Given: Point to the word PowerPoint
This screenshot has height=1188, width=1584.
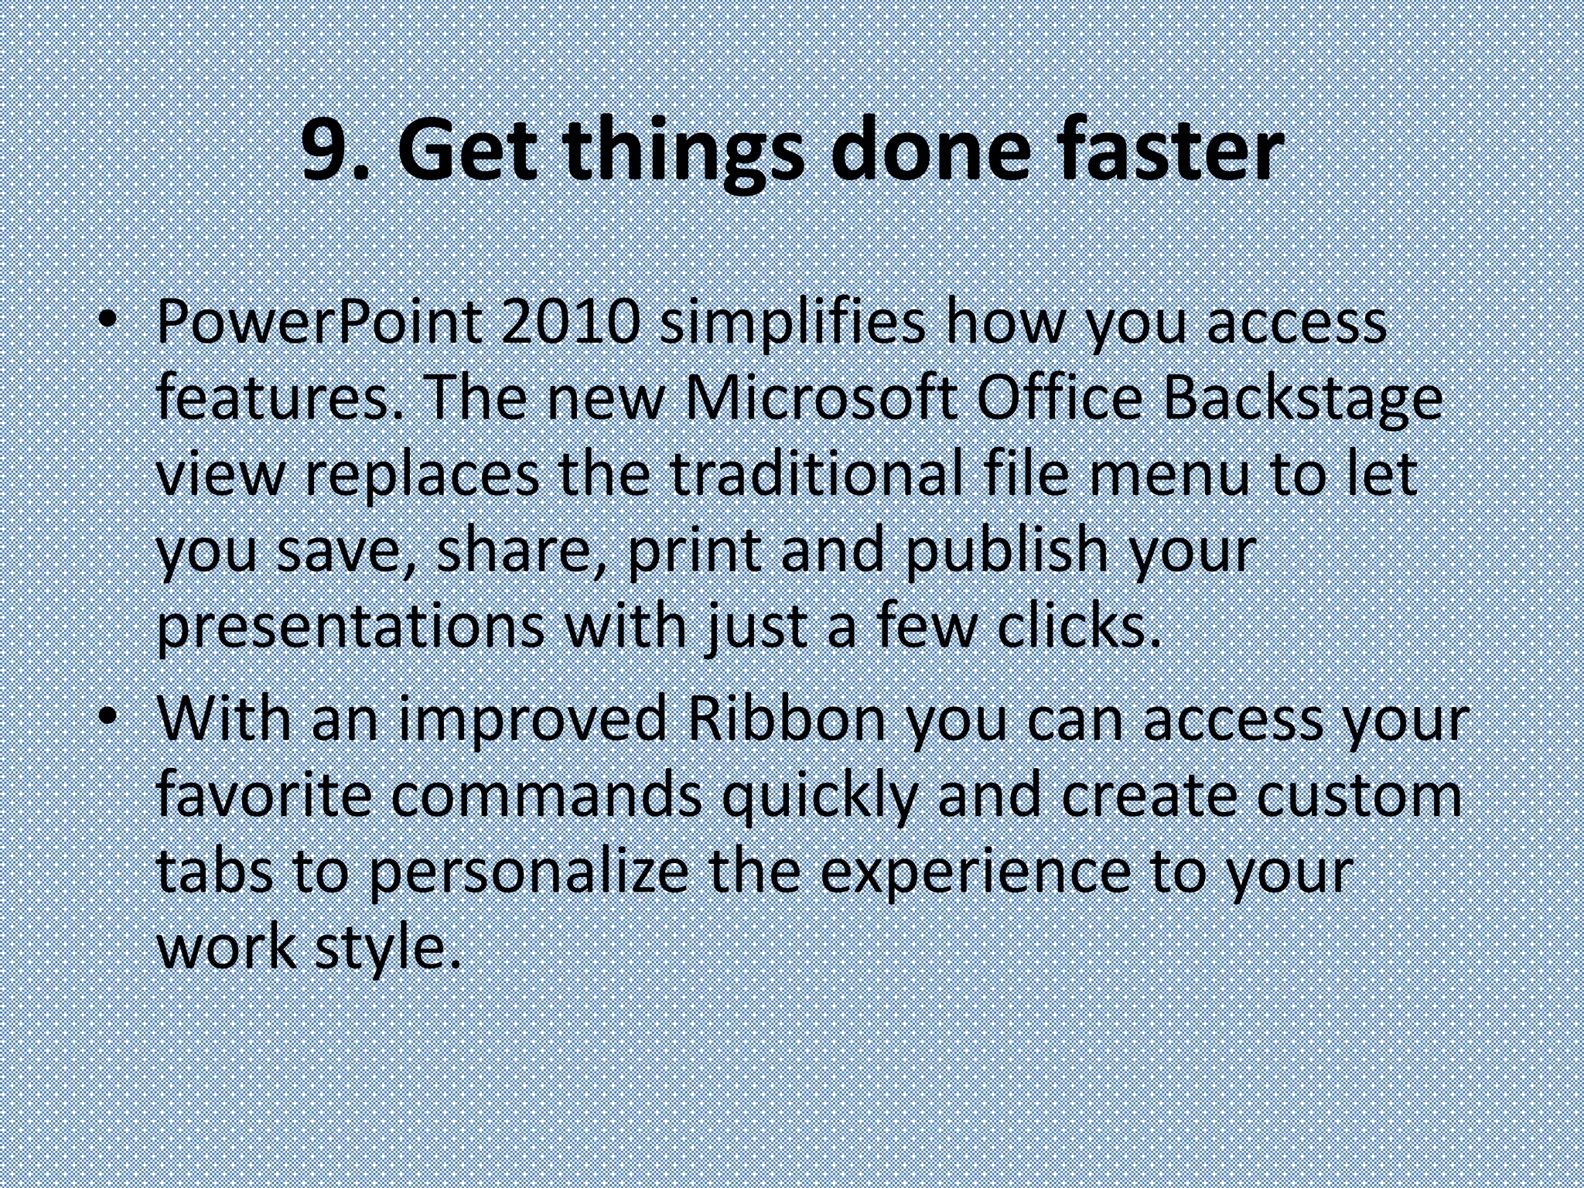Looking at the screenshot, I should (x=319, y=323).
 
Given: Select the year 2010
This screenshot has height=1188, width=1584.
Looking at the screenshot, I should (x=571, y=323).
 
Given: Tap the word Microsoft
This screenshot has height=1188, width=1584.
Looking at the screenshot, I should (x=820, y=399).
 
